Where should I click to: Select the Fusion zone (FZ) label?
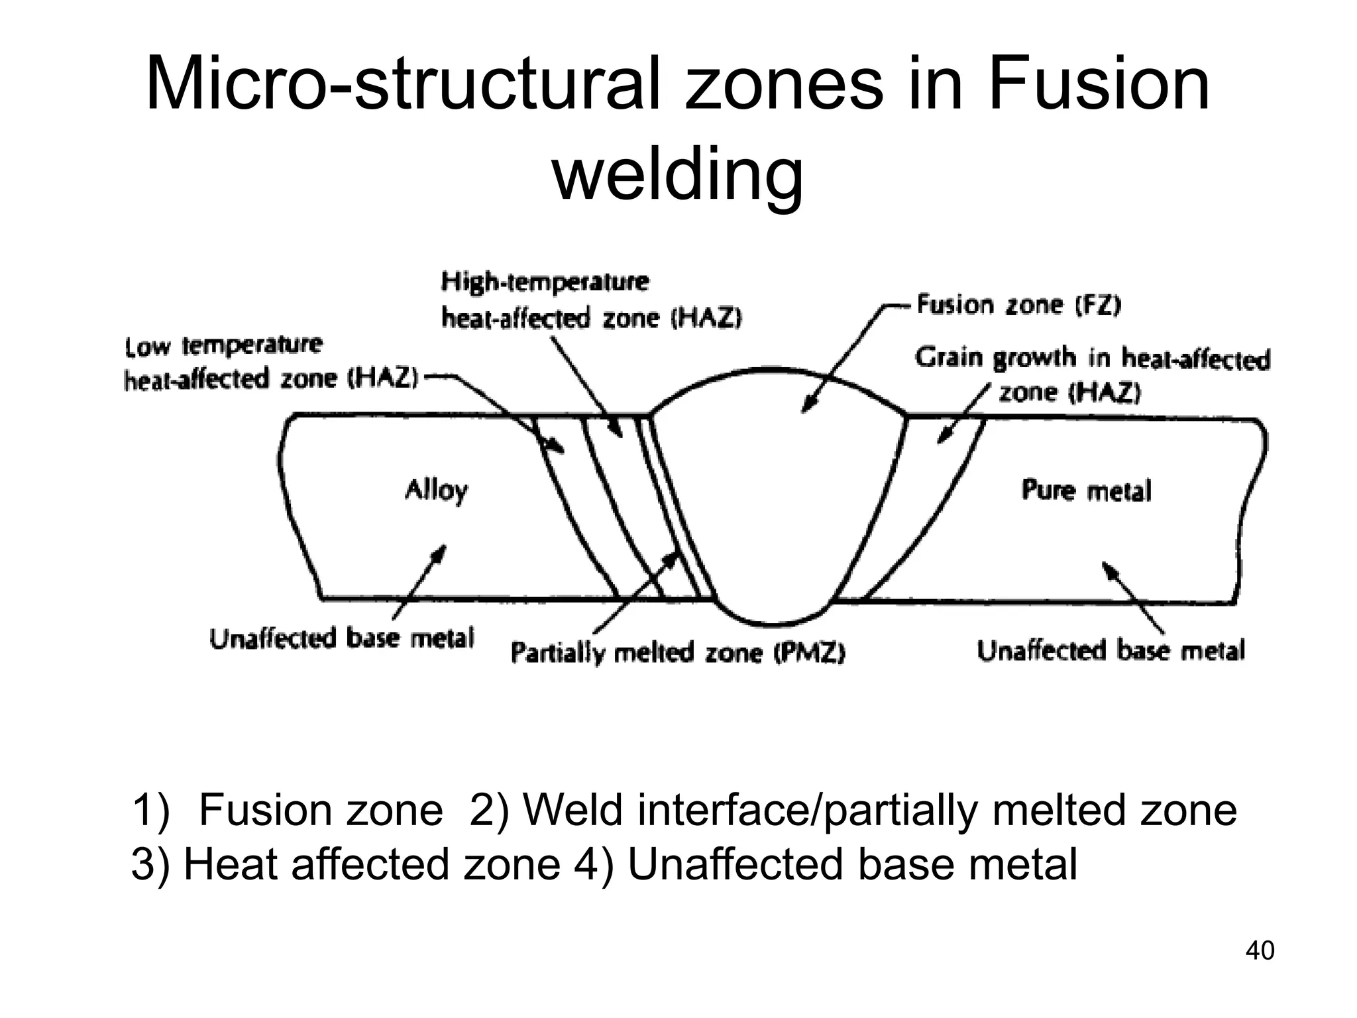pos(1018,305)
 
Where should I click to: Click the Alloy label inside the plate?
pos(436,490)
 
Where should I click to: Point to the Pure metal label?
pos(1086,490)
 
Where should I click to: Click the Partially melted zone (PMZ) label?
pos(678,653)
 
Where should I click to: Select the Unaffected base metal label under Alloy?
pos(342,638)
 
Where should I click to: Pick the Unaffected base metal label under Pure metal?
pos(1111,650)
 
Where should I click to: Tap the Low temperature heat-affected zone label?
pos(272,363)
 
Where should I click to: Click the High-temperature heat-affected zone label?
pos(591,300)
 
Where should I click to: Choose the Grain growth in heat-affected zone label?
pos(1092,374)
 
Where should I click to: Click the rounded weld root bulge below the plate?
pos(772,613)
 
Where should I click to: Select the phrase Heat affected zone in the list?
pos(372,864)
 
